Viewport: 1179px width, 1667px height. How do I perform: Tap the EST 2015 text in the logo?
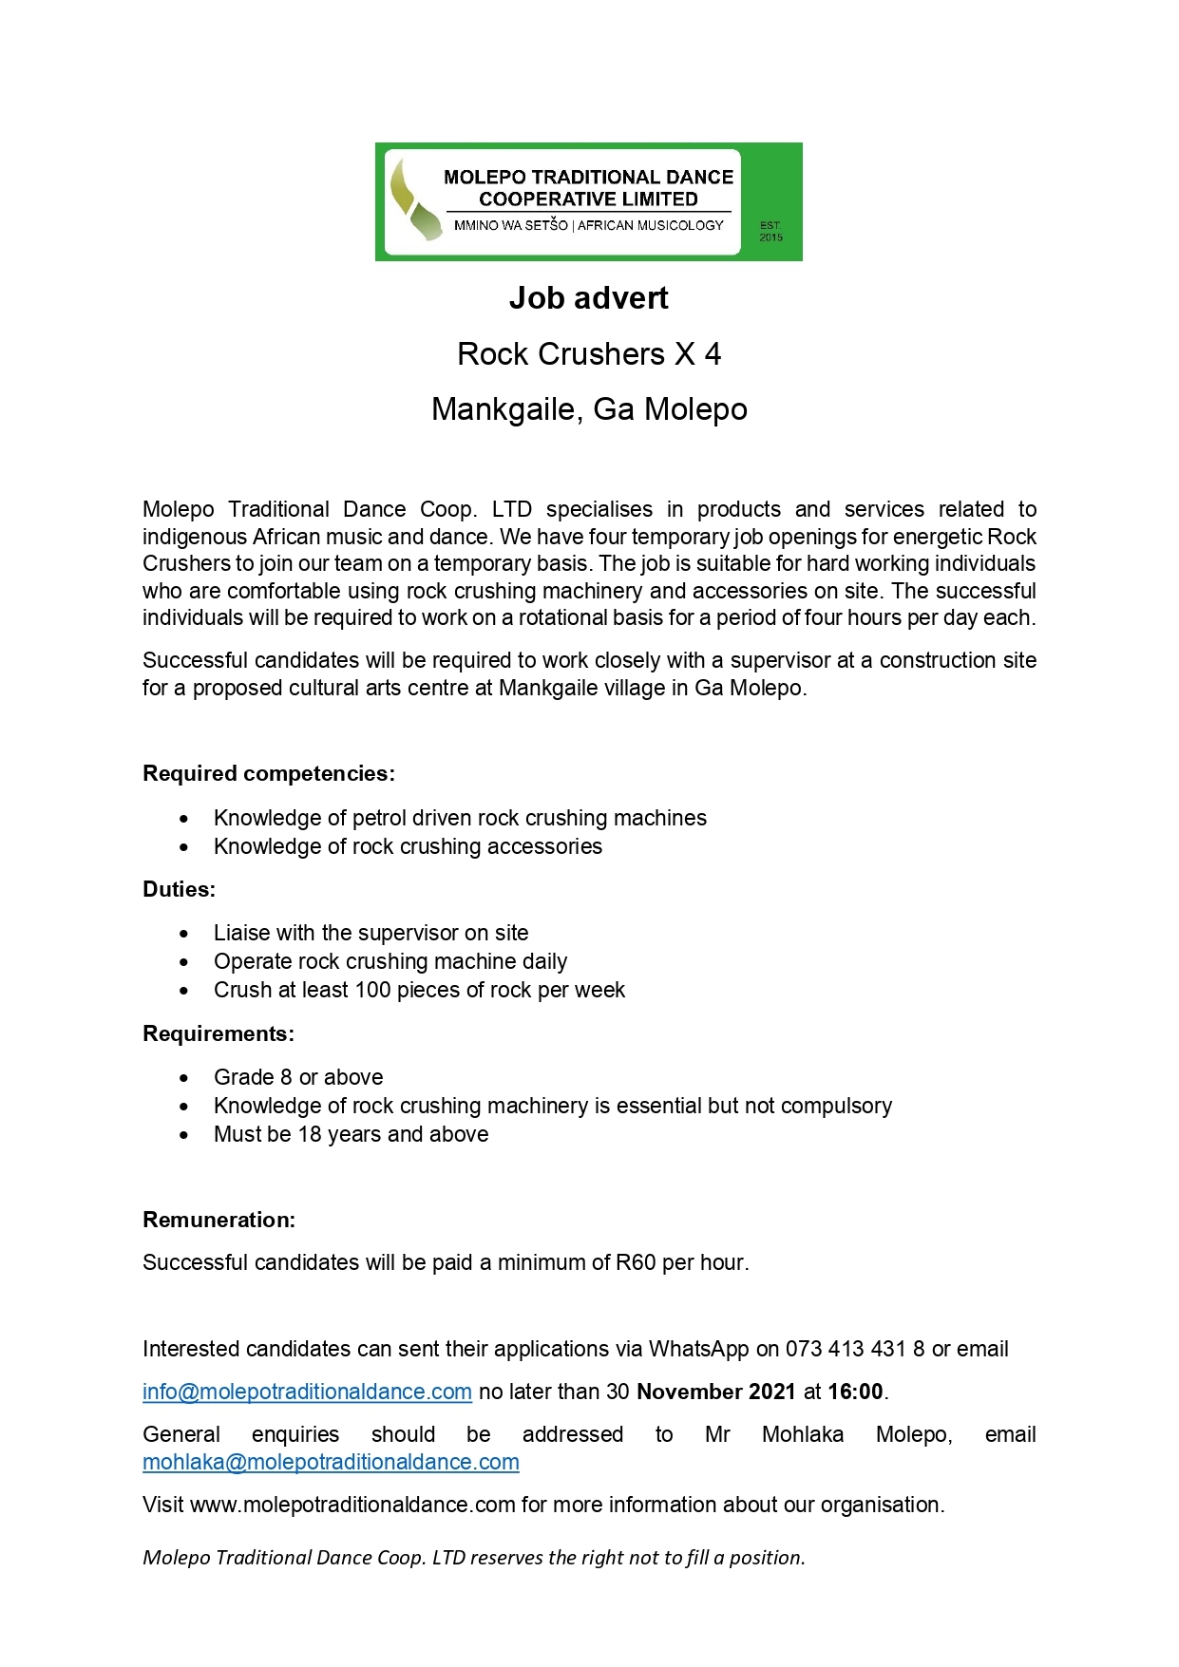770,232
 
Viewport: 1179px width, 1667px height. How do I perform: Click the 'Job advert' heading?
588,298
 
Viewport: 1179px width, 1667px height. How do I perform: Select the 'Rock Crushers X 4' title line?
588,354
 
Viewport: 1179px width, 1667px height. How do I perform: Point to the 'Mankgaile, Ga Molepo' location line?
589,409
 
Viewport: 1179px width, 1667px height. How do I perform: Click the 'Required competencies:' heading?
269,773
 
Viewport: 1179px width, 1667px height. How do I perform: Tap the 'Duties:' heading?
179,889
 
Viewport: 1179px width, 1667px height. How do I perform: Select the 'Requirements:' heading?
219,1033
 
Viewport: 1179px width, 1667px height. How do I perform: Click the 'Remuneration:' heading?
219,1220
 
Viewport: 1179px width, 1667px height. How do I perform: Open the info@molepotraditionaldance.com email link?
307,1392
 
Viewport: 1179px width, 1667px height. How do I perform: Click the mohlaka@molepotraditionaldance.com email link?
331,1462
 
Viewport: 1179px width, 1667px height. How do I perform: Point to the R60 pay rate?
636,1262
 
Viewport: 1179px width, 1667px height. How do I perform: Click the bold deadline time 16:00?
855,1392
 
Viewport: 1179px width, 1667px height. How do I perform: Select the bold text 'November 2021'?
715,1392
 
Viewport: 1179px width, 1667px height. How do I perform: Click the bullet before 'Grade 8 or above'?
184,1078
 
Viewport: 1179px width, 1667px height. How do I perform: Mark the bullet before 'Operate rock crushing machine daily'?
184,962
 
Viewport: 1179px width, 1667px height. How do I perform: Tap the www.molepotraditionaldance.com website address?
352,1505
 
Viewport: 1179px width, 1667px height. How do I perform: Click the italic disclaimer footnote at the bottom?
473,1558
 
